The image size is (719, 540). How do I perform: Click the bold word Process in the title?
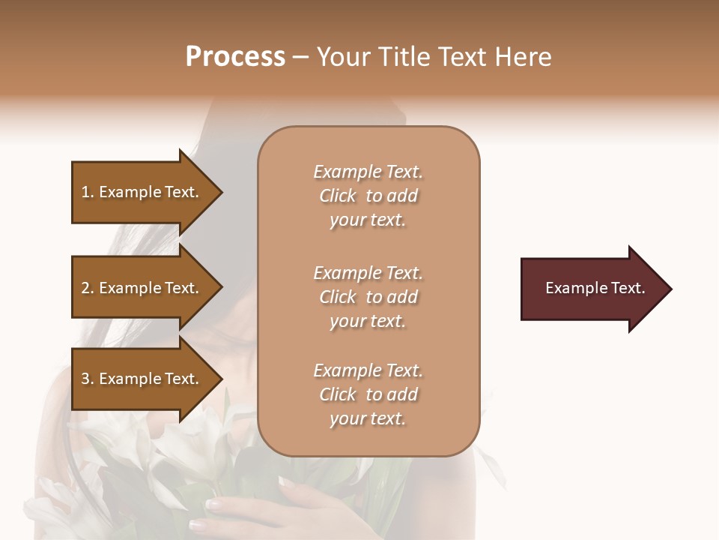[x=235, y=56]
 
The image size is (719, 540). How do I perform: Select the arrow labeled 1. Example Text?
[x=142, y=193]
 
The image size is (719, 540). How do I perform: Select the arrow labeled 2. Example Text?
[x=142, y=288]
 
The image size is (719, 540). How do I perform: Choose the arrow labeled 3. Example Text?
[x=142, y=379]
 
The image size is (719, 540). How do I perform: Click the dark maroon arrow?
[x=592, y=289]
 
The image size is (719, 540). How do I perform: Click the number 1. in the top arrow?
[x=88, y=193]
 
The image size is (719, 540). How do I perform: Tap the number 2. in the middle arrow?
[x=88, y=288]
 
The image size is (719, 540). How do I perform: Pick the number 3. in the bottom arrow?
[x=88, y=379]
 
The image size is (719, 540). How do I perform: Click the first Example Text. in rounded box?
[x=368, y=172]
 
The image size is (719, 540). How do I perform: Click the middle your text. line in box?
[x=368, y=321]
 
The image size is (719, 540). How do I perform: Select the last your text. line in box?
[x=368, y=419]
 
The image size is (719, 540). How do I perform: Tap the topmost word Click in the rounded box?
[x=338, y=196]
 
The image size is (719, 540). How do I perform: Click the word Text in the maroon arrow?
[x=628, y=288]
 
